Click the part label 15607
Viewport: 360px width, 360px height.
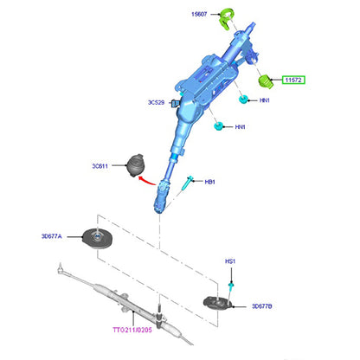pos(199,14)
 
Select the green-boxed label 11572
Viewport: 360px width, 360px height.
pos(293,80)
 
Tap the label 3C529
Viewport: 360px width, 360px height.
pos(156,102)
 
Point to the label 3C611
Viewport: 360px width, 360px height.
pos(100,166)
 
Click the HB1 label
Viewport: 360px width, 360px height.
pos(209,182)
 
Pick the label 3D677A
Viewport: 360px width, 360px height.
pos(51,236)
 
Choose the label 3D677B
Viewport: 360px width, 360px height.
pos(262,306)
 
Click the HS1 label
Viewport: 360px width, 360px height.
pos(230,261)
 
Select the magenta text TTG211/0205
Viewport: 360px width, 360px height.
pos(132,330)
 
